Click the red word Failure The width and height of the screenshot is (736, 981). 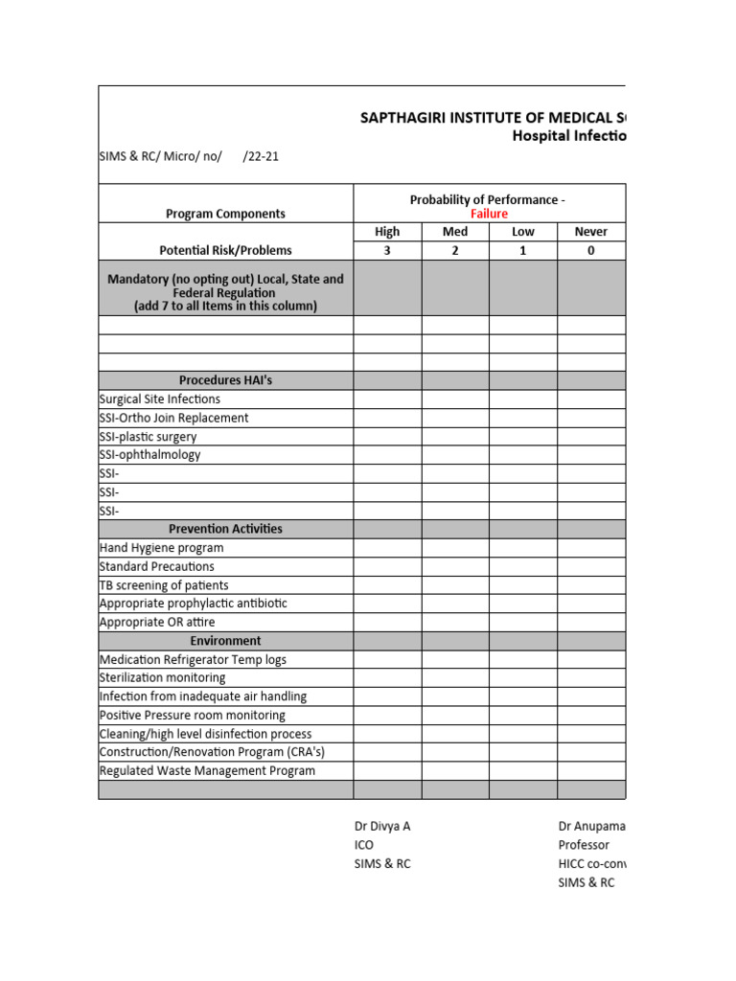tap(489, 214)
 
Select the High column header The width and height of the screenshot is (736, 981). tap(387, 232)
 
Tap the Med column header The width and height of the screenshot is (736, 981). tap(455, 232)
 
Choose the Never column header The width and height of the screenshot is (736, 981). tap(590, 232)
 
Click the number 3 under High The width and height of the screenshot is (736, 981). tap(387, 251)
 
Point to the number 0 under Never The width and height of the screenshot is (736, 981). tap(590, 251)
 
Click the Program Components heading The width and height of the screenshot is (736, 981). tap(225, 214)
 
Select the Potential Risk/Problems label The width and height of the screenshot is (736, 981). tap(225, 251)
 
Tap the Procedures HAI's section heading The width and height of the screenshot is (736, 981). tap(225, 380)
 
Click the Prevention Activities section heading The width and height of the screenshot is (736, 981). tap(225, 529)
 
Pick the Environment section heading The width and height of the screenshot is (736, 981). tap(225, 641)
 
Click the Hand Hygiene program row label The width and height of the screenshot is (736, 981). tap(161, 548)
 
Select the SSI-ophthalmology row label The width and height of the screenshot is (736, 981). tap(149, 455)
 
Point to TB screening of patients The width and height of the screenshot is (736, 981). tap(164, 585)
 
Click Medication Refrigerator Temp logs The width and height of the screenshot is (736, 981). tap(193, 660)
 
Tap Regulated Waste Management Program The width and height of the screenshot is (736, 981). tap(207, 771)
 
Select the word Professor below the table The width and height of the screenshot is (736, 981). tap(584, 845)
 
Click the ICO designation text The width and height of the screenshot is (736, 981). tap(364, 845)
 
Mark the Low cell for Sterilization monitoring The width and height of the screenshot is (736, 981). tap(523, 678)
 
